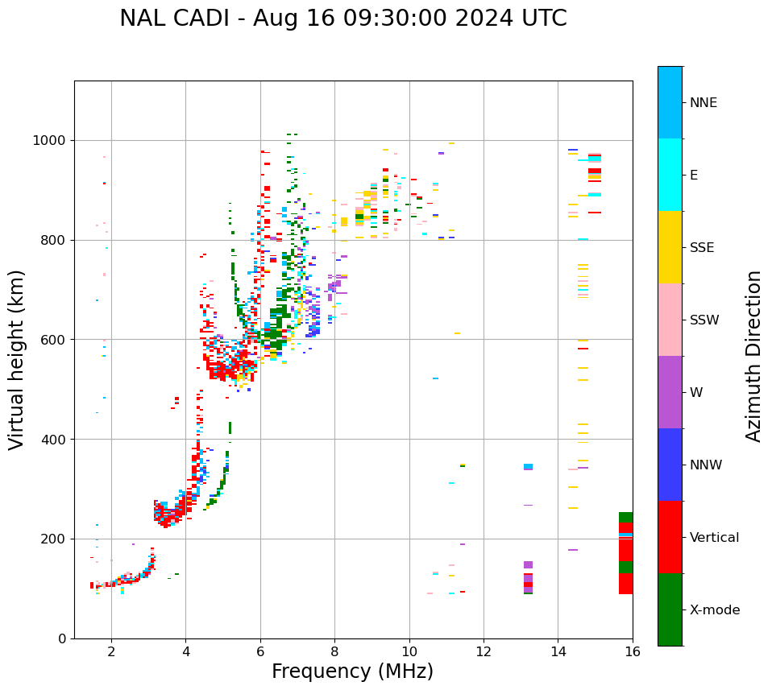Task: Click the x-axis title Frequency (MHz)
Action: [x=352, y=671]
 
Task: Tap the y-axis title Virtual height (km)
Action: [x=18, y=359]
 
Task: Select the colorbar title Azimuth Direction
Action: [x=753, y=356]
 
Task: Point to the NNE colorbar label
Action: [x=703, y=103]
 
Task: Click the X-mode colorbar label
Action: [x=714, y=610]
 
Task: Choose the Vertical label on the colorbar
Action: [x=714, y=538]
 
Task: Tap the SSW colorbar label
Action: [x=704, y=320]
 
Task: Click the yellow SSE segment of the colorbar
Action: [x=670, y=247]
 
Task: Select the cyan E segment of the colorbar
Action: [x=670, y=175]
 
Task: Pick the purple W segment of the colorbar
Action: [x=670, y=392]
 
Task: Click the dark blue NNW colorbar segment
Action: [x=670, y=465]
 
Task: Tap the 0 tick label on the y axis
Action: [x=63, y=638]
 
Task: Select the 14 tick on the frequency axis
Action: [x=558, y=651]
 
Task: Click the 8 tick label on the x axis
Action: [x=334, y=651]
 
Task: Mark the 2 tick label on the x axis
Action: [x=111, y=651]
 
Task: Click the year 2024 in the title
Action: [x=491, y=19]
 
